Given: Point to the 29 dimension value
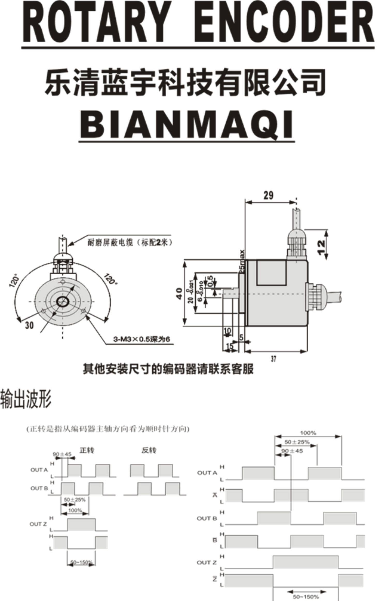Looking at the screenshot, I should pyautogui.click(x=268, y=195).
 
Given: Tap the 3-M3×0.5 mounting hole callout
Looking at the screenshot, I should pyautogui.click(x=141, y=339).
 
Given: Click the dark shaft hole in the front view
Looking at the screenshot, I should pyautogui.click(x=62, y=301).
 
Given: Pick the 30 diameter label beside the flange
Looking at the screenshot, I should pyautogui.click(x=29, y=325).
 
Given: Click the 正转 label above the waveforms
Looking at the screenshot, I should pyautogui.click(x=87, y=450).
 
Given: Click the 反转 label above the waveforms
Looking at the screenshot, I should pyautogui.click(x=149, y=450).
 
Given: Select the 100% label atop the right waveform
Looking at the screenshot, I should pyautogui.click(x=308, y=433).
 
